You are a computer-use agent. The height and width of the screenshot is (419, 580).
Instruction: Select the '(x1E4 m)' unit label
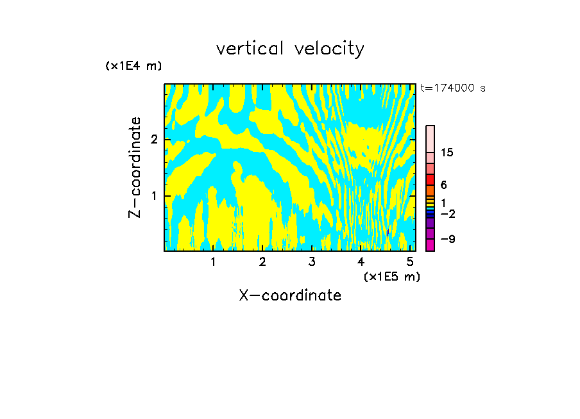point(133,66)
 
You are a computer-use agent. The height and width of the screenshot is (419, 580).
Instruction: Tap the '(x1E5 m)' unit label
point(391,276)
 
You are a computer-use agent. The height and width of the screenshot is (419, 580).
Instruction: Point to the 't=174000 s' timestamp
point(453,88)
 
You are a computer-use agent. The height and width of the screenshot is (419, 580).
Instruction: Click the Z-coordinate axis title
point(135,167)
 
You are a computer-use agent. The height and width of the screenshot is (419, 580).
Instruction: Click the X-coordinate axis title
point(290,295)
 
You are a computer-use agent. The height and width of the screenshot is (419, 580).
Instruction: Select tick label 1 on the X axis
point(213,262)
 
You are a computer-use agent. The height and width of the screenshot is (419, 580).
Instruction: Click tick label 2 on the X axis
point(262,262)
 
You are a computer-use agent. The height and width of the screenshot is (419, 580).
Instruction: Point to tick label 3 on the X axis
point(312,262)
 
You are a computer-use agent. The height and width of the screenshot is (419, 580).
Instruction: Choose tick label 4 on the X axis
point(361,262)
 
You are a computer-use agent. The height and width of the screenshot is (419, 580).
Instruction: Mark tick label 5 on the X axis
point(410,262)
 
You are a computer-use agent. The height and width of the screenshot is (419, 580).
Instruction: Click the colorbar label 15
point(447,152)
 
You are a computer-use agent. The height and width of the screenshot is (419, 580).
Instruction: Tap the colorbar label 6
point(443,185)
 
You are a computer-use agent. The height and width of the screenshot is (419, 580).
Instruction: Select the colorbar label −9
point(447,239)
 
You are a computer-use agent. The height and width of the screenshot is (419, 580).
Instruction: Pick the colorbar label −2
point(447,213)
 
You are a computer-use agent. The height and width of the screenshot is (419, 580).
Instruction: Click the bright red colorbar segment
point(430,179)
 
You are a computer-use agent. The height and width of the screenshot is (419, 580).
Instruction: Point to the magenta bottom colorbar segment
point(430,245)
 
